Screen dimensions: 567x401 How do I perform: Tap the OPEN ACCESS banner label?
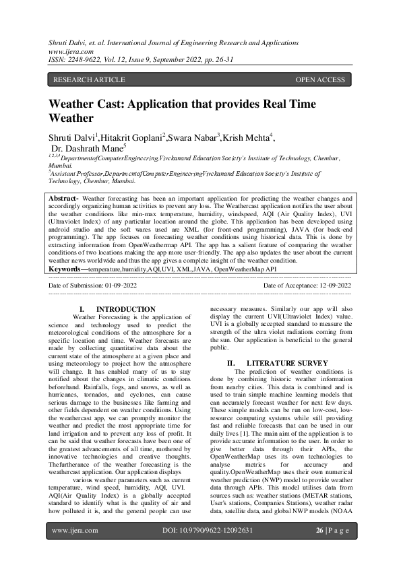point(320,79)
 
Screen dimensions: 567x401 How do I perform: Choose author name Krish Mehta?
point(246,138)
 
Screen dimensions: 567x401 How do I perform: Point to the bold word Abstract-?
point(65,199)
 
